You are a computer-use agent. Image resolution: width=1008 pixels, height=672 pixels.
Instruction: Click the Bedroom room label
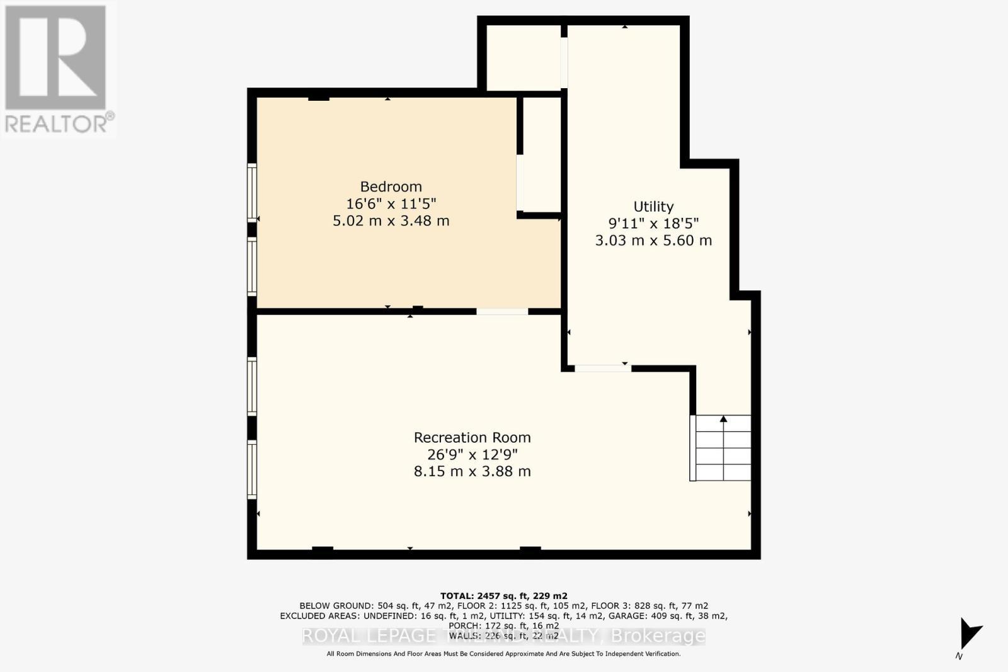click(391, 186)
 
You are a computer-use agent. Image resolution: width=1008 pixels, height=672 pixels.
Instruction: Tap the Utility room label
click(653, 207)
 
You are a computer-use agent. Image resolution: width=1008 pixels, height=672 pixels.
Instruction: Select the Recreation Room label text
click(472, 437)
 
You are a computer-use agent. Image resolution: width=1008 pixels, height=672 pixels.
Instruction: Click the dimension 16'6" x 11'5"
click(391, 203)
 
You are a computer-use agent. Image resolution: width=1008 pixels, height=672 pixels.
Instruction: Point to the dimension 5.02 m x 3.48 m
click(391, 220)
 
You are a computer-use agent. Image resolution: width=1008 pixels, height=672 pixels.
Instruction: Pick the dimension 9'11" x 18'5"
click(653, 224)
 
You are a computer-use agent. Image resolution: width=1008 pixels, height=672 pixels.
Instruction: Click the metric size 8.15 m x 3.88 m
click(472, 471)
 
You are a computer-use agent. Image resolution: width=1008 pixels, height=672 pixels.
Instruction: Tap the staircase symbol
click(723, 448)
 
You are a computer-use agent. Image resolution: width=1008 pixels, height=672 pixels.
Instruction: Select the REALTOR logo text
click(59, 123)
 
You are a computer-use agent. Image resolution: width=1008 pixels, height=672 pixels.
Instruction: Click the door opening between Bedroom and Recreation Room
click(502, 311)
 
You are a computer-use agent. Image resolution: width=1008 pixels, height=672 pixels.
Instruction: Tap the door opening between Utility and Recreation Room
click(603, 368)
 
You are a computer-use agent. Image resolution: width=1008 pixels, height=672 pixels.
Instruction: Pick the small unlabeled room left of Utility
click(524, 57)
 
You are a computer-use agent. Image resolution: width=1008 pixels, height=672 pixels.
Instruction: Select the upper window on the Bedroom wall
click(252, 192)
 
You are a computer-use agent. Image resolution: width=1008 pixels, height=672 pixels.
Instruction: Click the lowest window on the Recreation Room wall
click(252, 470)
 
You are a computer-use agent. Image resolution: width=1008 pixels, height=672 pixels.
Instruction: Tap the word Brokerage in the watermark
click(658, 636)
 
